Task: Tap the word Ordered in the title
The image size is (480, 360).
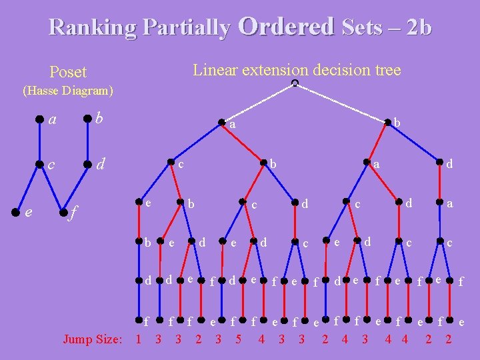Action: (x=285, y=26)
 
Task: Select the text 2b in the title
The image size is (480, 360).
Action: (x=419, y=27)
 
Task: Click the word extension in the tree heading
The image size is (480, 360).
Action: (x=275, y=70)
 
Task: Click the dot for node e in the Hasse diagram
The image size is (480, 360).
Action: (x=15, y=213)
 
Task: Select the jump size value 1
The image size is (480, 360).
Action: (x=138, y=339)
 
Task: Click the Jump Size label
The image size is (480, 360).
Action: (x=92, y=339)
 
